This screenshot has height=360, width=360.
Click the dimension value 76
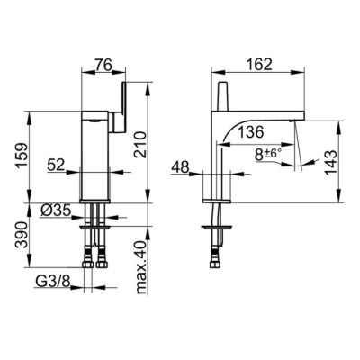[103, 65]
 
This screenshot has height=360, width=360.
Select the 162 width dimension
[259, 65]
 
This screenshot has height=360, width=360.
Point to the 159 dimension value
[22, 156]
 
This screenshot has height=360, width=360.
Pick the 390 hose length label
[22, 235]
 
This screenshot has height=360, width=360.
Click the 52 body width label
[56, 165]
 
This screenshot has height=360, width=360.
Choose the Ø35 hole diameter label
[56, 211]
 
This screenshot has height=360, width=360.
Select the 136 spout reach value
[251, 132]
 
